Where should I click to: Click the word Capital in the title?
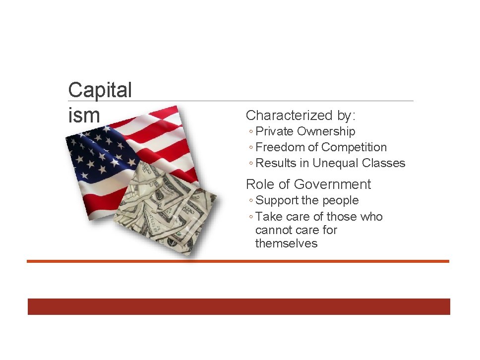click(x=100, y=90)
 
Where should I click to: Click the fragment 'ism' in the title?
click(x=84, y=116)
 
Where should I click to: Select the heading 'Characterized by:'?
click(x=300, y=116)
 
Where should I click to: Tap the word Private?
click(x=275, y=131)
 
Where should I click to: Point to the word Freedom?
click(x=279, y=147)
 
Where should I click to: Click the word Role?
click(x=260, y=184)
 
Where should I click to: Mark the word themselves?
click(x=286, y=243)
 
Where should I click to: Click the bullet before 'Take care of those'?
click(x=251, y=217)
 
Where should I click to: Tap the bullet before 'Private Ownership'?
click(x=251, y=132)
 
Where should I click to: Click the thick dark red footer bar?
click(x=239, y=306)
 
